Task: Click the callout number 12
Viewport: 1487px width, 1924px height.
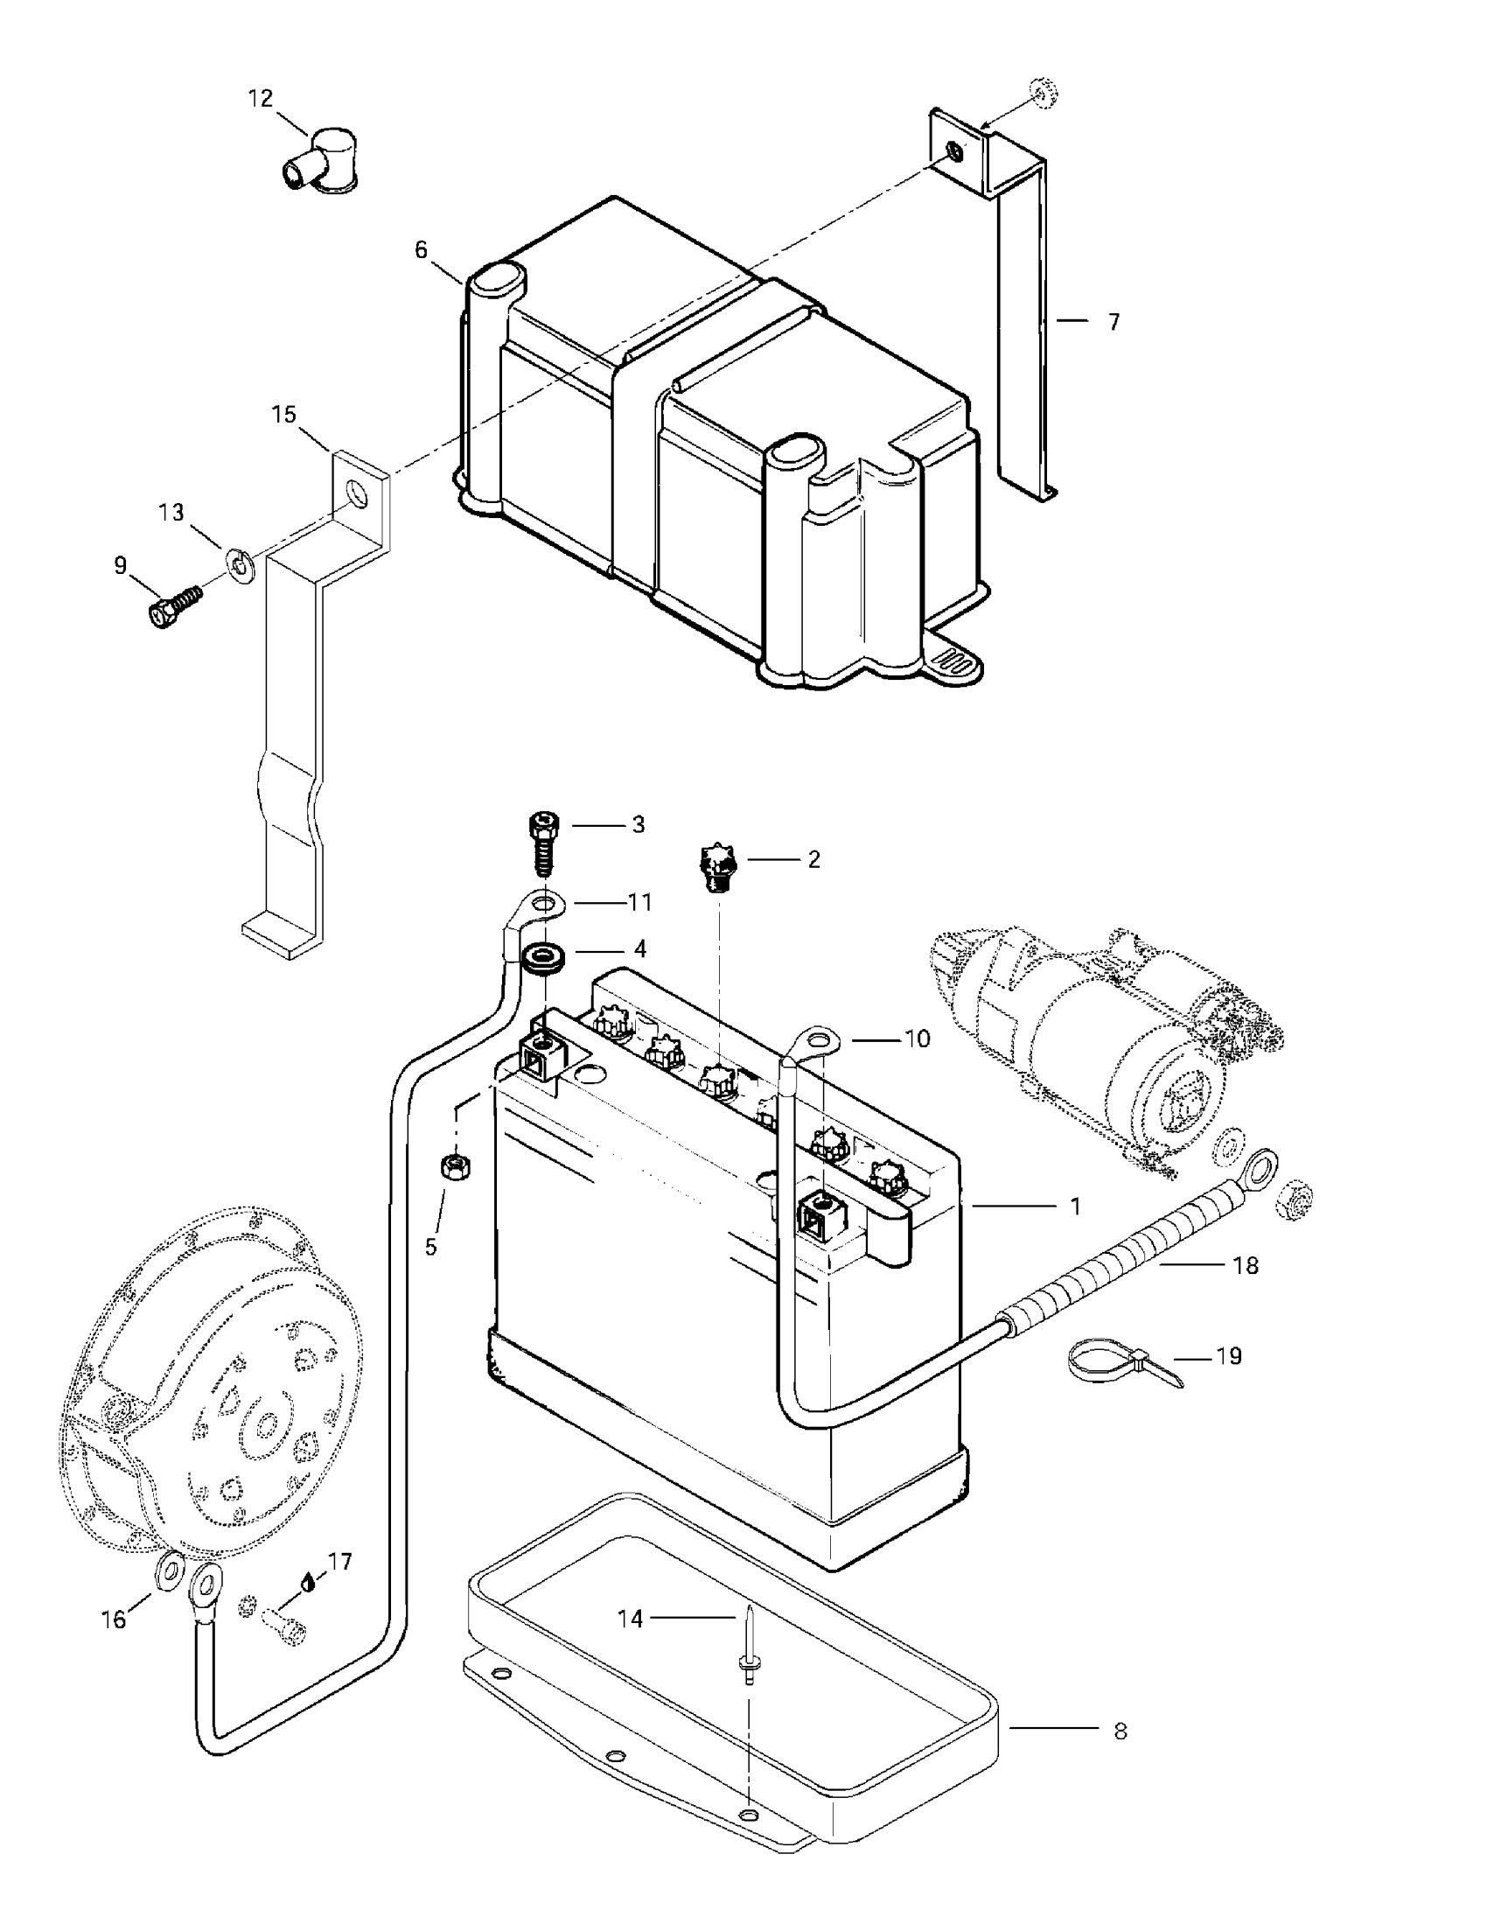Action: click(261, 98)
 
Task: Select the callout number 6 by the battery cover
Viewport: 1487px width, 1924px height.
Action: click(421, 250)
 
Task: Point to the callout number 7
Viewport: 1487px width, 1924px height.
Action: click(1114, 323)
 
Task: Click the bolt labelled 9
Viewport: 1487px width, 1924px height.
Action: click(171, 607)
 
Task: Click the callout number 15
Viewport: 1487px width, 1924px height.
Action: click(284, 414)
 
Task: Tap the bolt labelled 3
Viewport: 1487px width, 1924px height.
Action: click(544, 842)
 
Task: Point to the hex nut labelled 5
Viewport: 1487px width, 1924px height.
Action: click(456, 1168)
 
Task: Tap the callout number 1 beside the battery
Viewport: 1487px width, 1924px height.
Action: click(1075, 1206)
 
